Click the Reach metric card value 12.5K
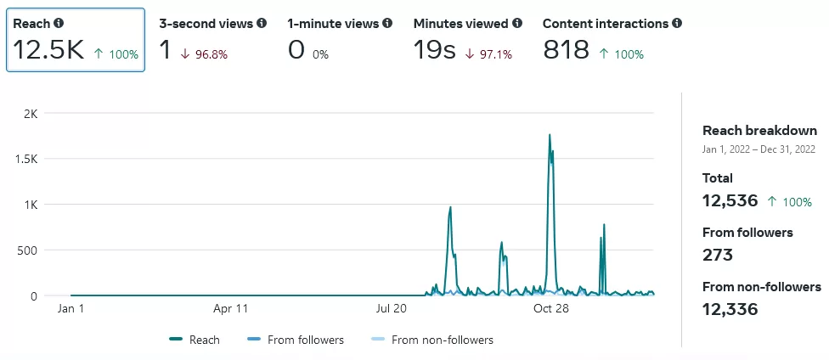(48, 50)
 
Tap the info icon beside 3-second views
(262, 24)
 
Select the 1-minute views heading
(333, 24)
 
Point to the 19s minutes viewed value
(435, 50)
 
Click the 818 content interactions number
(566, 50)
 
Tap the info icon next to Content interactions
(677, 24)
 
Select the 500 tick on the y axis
(26, 250)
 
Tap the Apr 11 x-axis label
(229, 309)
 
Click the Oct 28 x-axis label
(550, 309)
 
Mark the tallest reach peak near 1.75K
(550, 135)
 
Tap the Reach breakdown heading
(759, 131)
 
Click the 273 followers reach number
(718, 255)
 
